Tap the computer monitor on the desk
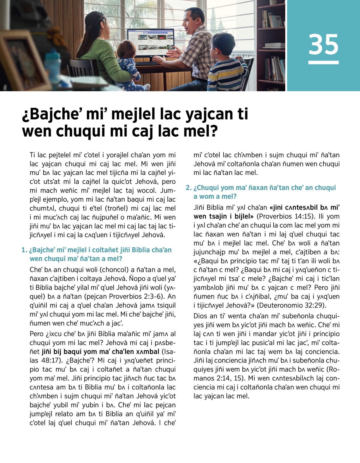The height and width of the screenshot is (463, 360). coord(151,42)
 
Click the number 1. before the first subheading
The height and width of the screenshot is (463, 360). coord(24,250)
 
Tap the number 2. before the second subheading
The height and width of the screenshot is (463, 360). coord(188,188)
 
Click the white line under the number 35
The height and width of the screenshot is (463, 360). coord(323,63)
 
